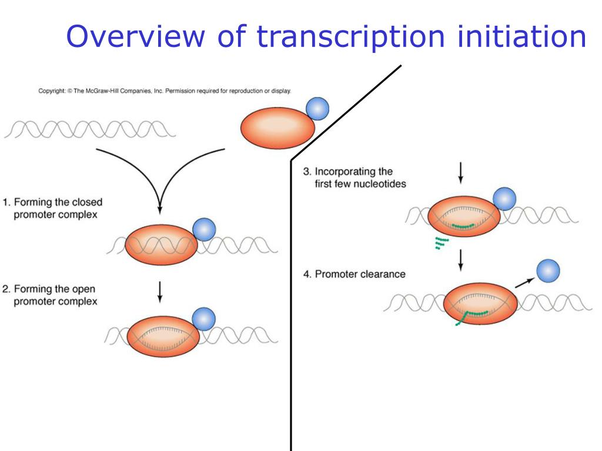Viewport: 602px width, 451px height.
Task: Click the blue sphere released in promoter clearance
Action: point(548,271)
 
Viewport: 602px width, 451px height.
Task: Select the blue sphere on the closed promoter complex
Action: point(204,230)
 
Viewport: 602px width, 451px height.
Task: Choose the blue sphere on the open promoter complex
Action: point(204,318)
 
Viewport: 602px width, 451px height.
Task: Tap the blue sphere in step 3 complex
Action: point(504,200)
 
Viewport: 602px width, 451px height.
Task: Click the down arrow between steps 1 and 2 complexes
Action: point(160,292)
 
